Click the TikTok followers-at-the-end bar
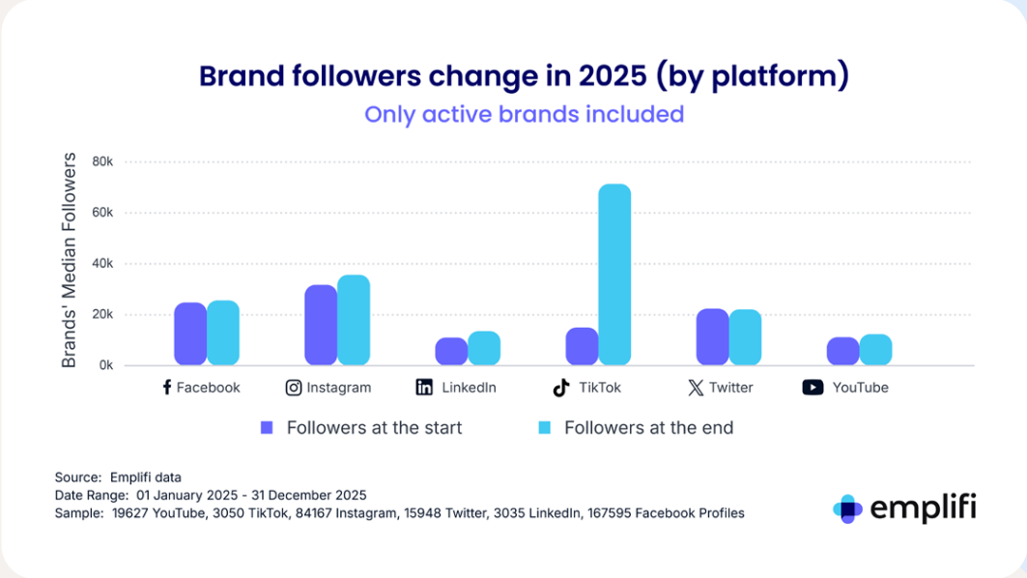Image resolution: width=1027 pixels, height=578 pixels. click(614, 275)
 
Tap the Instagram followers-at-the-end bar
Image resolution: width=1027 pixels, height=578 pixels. click(354, 320)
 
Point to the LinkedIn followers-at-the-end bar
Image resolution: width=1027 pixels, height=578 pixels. click(484, 348)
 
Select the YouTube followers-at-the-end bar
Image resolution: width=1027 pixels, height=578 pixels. click(875, 350)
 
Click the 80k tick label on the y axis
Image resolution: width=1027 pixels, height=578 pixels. click(102, 161)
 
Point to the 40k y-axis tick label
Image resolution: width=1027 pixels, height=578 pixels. click(102, 264)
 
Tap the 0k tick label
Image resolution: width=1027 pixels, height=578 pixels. click(105, 366)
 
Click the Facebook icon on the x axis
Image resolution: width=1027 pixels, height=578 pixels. click(166, 388)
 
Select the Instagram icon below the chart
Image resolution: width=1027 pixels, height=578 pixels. click(294, 388)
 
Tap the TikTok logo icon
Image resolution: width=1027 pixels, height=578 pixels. click(560, 388)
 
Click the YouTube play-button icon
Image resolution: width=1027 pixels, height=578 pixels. click(813, 388)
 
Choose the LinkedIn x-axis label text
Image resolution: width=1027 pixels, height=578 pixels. click(469, 388)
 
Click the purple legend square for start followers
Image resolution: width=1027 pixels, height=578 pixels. click(268, 427)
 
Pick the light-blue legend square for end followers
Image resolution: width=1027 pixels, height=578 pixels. click(545, 427)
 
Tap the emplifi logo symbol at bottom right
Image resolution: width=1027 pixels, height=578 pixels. click(847, 508)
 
